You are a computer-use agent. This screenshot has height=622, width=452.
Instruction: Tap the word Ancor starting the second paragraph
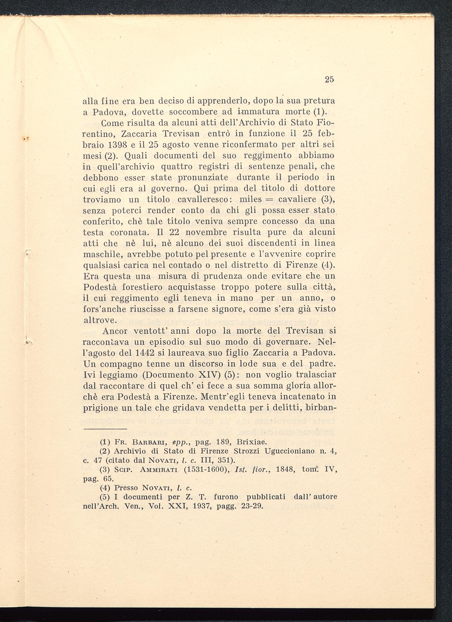[x=115, y=331]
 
